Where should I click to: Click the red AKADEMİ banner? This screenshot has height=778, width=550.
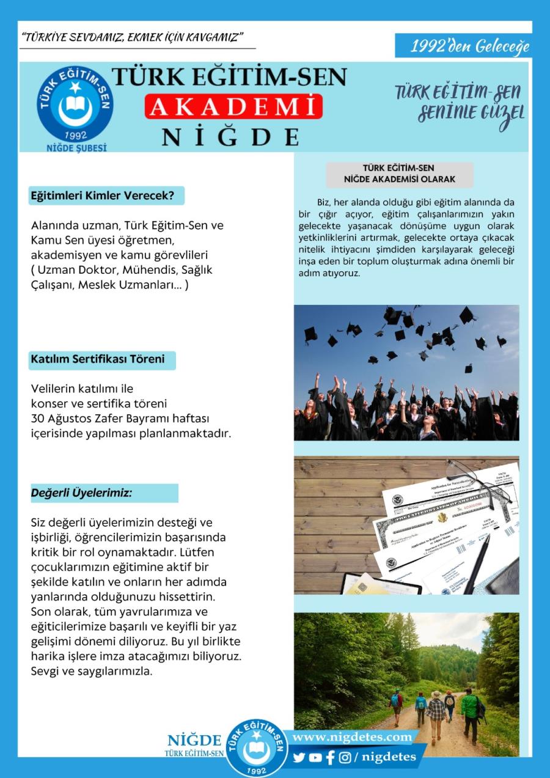[233, 106]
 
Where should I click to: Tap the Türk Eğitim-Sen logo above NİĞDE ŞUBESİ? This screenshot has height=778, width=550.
[75, 105]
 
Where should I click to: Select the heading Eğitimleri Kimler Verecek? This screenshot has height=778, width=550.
[103, 196]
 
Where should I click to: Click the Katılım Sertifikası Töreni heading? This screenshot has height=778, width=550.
[98, 359]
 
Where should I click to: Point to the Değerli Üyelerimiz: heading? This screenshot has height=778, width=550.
[82, 493]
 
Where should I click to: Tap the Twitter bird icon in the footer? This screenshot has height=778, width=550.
[299, 757]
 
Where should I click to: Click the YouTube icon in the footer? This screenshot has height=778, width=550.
[315, 757]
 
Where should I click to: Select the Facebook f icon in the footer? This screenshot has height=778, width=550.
[331, 757]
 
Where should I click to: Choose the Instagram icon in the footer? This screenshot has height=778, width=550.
[345, 757]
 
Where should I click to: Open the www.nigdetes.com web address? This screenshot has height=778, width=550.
[352, 737]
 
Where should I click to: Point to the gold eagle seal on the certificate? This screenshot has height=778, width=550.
[442, 518]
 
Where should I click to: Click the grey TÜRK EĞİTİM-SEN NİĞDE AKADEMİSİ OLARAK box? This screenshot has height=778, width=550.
[400, 174]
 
